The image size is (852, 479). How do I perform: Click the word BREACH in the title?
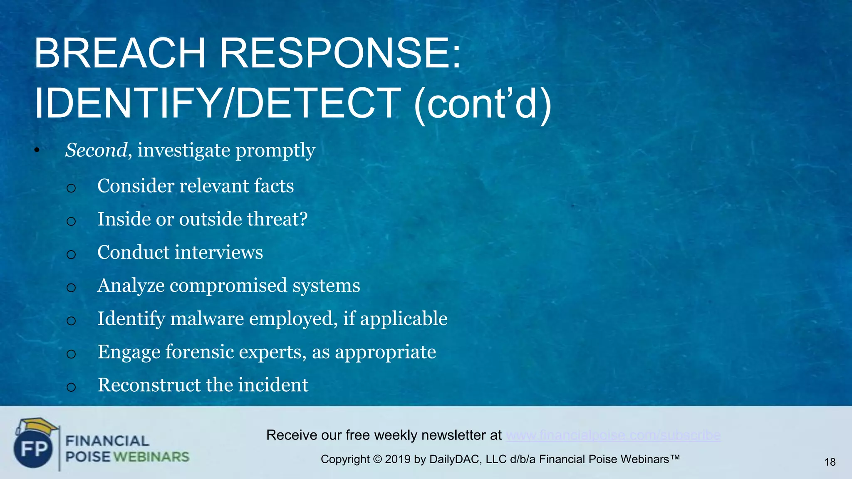click(x=120, y=54)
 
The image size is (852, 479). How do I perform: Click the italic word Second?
click(x=96, y=150)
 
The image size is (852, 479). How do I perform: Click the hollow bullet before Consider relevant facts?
click(x=71, y=188)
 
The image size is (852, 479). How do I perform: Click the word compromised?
click(x=228, y=286)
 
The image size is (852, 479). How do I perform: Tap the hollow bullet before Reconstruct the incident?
click(x=71, y=387)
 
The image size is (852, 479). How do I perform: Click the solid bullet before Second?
click(x=37, y=151)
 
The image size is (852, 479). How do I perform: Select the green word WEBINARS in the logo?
click(x=151, y=457)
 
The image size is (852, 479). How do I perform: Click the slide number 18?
click(x=830, y=462)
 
